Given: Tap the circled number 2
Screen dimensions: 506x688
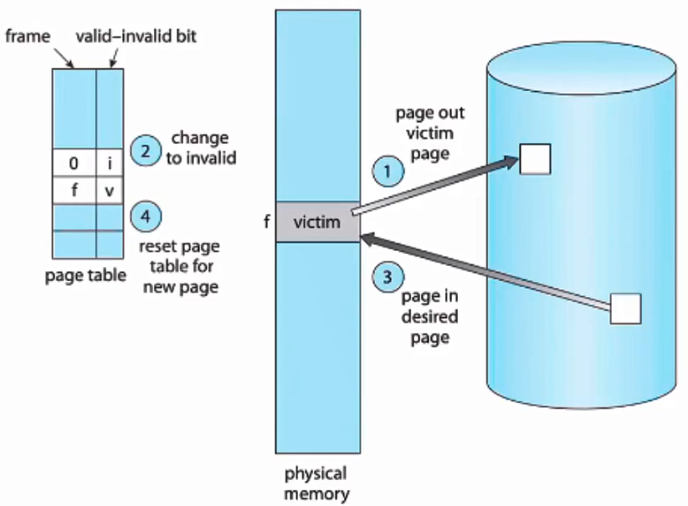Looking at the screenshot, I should coord(146,151).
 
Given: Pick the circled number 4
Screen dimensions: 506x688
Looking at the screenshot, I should coord(146,217).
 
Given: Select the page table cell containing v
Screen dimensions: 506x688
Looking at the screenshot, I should coord(110,191).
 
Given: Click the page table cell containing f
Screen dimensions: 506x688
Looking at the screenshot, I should coord(74,191).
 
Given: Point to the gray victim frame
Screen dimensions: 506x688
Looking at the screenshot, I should coord(319,223).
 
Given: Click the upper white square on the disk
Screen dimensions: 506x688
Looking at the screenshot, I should coord(535,158).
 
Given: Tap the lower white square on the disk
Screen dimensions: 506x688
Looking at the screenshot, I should coord(626,308).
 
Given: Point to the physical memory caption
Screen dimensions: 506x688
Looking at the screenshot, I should coord(318,483).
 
